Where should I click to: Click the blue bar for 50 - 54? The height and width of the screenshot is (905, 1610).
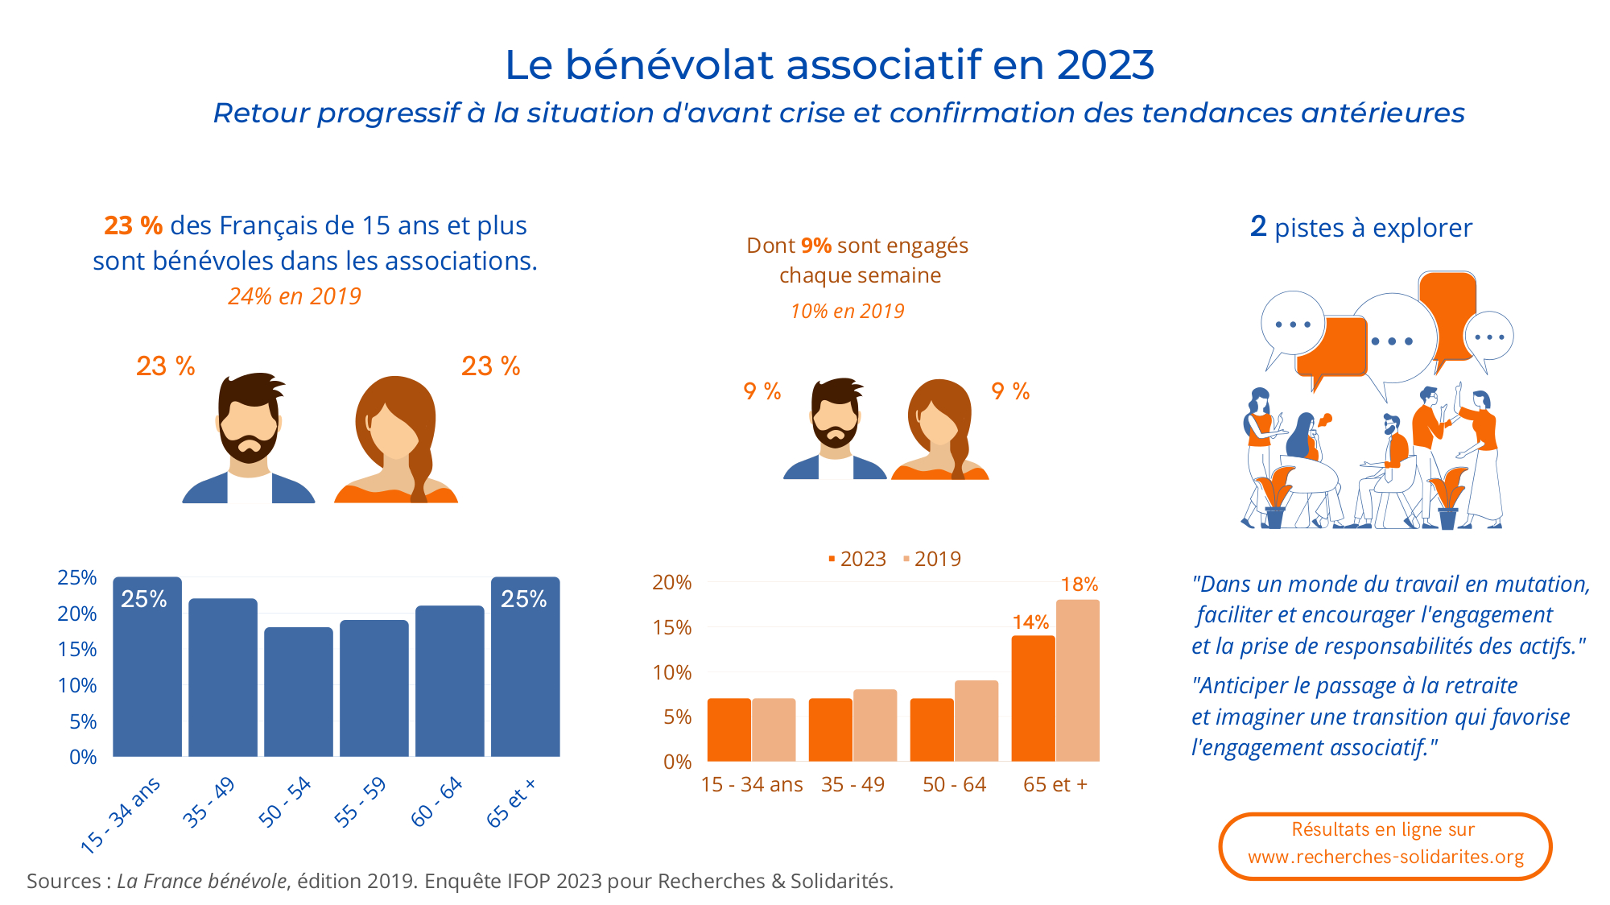(x=298, y=692)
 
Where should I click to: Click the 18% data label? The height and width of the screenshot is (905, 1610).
(x=1079, y=585)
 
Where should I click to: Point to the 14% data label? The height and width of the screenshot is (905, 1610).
(x=1030, y=622)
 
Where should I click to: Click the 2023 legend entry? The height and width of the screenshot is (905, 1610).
(x=857, y=559)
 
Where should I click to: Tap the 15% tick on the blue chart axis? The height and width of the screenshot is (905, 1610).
(x=77, y=649)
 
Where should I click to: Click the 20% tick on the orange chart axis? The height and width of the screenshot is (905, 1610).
(x=671, y=582)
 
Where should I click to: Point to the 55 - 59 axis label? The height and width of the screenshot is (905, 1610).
(x=361, y=802)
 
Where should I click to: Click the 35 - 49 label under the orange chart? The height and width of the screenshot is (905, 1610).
(x=852, y=784)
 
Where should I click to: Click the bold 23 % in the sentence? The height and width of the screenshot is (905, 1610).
(x=133, y=225)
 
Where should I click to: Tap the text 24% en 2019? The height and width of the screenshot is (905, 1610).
(x=295, y=296)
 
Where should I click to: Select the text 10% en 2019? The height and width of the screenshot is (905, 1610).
(x=847, y=311)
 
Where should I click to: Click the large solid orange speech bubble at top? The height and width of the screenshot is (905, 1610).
(x=1447, y=314)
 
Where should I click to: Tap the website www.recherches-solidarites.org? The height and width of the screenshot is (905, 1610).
(x=1385, y=857)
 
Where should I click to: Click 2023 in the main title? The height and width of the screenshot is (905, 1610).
(x=1105, y=64)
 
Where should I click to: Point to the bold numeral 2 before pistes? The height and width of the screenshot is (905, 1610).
(x=1258, y=226)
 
